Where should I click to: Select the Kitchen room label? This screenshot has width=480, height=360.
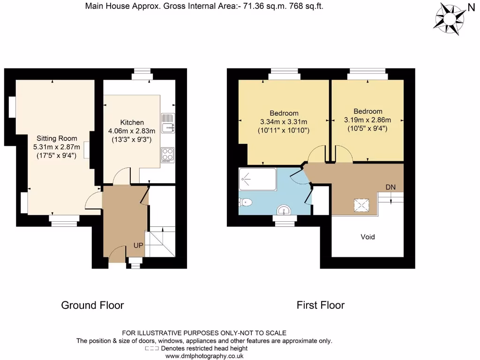(x=122, y=122)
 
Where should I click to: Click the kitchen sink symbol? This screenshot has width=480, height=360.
(x=167, y=123)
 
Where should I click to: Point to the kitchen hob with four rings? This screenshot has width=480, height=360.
(x=167, y=155)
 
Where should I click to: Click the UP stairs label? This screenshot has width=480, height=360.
(x=139, y=245)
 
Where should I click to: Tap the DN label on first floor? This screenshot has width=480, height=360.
(x=390, y=187)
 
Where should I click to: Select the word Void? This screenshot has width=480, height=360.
(x=367, y=237)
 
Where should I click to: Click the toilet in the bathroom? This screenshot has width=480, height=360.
(x=246, y=202)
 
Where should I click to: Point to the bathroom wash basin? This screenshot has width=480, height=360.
(x=285, y=210)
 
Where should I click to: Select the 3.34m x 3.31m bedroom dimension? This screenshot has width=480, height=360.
(x=284, y=121)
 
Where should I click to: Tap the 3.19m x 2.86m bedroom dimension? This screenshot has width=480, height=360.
(x=367, y=120)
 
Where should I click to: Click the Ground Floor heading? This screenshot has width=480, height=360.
(x=92, y=306)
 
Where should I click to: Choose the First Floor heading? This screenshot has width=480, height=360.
(x=321, y=306)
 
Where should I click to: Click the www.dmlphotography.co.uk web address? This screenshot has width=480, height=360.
(x=204, y=356)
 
